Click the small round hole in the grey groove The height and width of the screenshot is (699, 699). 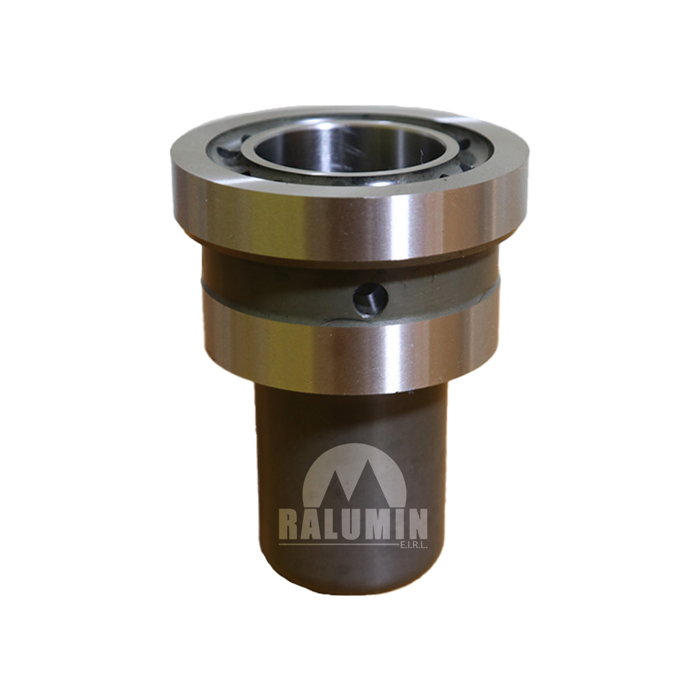pyautogui.click(x=371, y=299)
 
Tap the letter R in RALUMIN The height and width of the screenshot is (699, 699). pyautogui.click(x=289, y=525)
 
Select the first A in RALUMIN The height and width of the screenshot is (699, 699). pyautogui.click(x=312, y=525)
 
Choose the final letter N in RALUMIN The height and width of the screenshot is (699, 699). pyautogui.click(x=417, y=525)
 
